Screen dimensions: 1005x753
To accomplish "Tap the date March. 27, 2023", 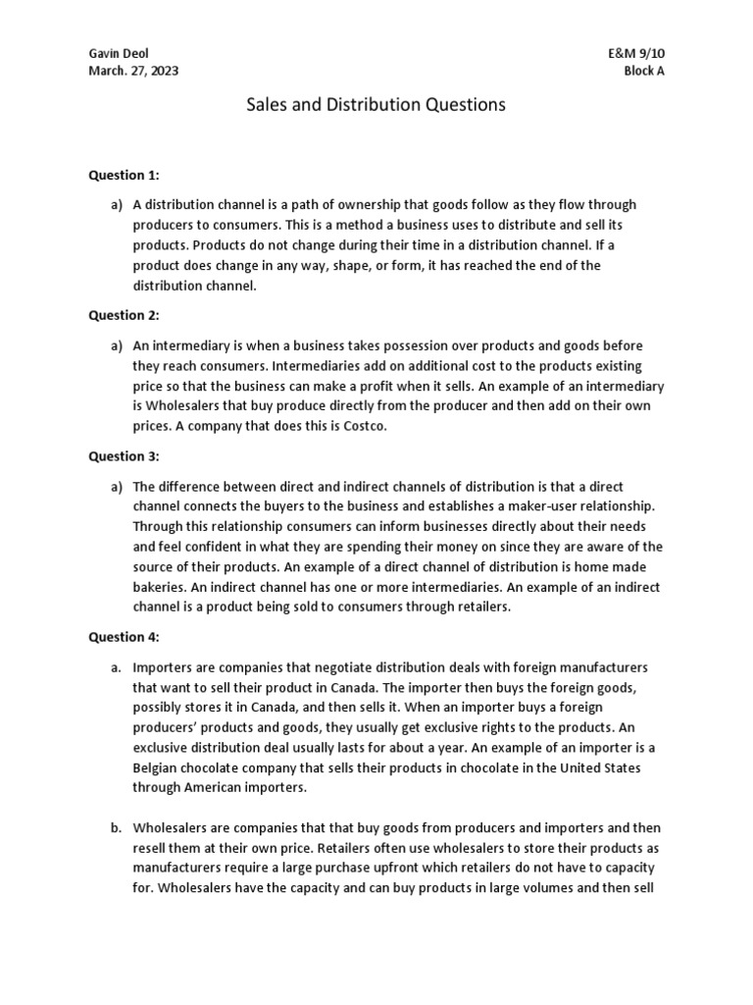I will pyautogui.click(x=133, y=72).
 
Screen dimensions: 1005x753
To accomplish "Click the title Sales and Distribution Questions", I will pyautogui.click(x=376, y=105).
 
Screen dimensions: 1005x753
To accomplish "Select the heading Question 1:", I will pyautogui.click(x=124, y=176).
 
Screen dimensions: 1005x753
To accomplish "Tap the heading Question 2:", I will pyautogui.click(x=124, y=317).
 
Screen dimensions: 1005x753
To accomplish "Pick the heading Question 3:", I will pyautogui.click(x=124, y=456).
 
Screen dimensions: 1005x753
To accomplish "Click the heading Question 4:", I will pyautogui.click(x=124, y=637).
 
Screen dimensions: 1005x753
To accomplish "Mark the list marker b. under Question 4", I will pyautogui.click(x=116, y=828).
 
